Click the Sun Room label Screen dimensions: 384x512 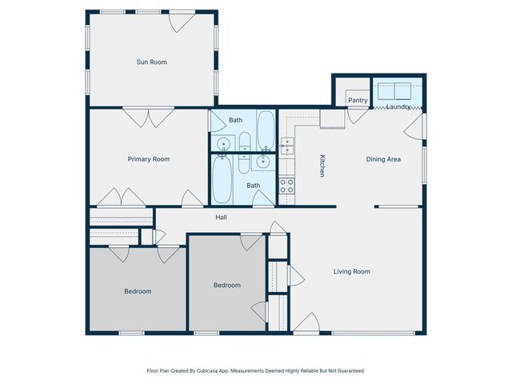(x=151, y=62)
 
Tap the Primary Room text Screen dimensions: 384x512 (x=149, y=159)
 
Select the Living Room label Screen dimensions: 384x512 (x=351, y=271)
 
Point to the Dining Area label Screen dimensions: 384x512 (x=383, y=159)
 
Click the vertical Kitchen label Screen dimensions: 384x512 (x=322, y=165)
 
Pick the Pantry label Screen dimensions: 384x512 (x=358, y=100)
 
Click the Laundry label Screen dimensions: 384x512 (x=398, y=106)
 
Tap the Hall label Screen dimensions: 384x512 (x=222, y=217)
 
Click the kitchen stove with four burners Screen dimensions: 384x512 (x=286, y=186)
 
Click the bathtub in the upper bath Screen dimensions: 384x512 (x=266, y=130)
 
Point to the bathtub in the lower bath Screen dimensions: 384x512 (x=222, y=180)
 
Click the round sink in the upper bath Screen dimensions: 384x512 (x=224, y=144)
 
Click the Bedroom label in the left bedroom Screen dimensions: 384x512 (x=138, y=291)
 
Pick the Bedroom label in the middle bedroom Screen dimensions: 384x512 (x=227, y=285)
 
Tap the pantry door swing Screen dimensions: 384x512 (x=358, y=114)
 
